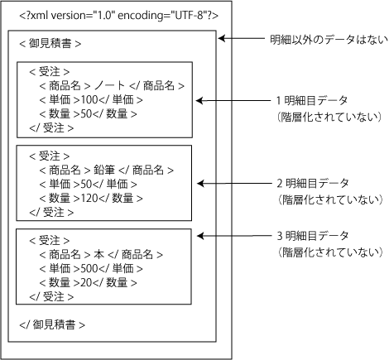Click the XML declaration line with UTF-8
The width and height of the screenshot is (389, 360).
[x=119, y=16]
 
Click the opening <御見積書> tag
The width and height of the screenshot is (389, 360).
[x=50, y=44]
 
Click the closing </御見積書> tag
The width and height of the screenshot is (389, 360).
[x=52, y=324]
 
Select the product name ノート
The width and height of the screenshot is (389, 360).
[x=109, y=85]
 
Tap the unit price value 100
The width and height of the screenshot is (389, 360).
[x=89, y=99]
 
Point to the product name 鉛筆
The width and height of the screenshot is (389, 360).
[x=104, y=170]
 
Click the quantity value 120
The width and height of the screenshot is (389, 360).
[x=89, y=198]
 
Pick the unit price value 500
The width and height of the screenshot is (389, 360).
[x=89, y=268]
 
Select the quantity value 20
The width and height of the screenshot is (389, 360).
[x=86, y=282]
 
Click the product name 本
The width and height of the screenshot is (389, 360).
[x=99, y=254]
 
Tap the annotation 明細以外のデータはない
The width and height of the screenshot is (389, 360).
[x=329, y=40]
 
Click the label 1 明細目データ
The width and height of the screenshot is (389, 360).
[x=312, y=100]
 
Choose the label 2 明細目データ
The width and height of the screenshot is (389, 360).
[x=313, y=183]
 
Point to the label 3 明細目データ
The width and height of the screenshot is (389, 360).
[x=313, y=236]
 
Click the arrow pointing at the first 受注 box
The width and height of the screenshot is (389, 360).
[x=233, y=101]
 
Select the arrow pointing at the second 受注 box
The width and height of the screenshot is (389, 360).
[x=234, y=183]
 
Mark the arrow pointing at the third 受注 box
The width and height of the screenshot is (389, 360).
[x=234, y=236]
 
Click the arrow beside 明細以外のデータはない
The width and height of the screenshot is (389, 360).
[x=242, y=38]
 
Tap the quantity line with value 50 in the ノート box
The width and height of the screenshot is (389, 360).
[x=88, y=113]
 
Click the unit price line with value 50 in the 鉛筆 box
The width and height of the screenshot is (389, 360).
[x=88, y=184]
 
